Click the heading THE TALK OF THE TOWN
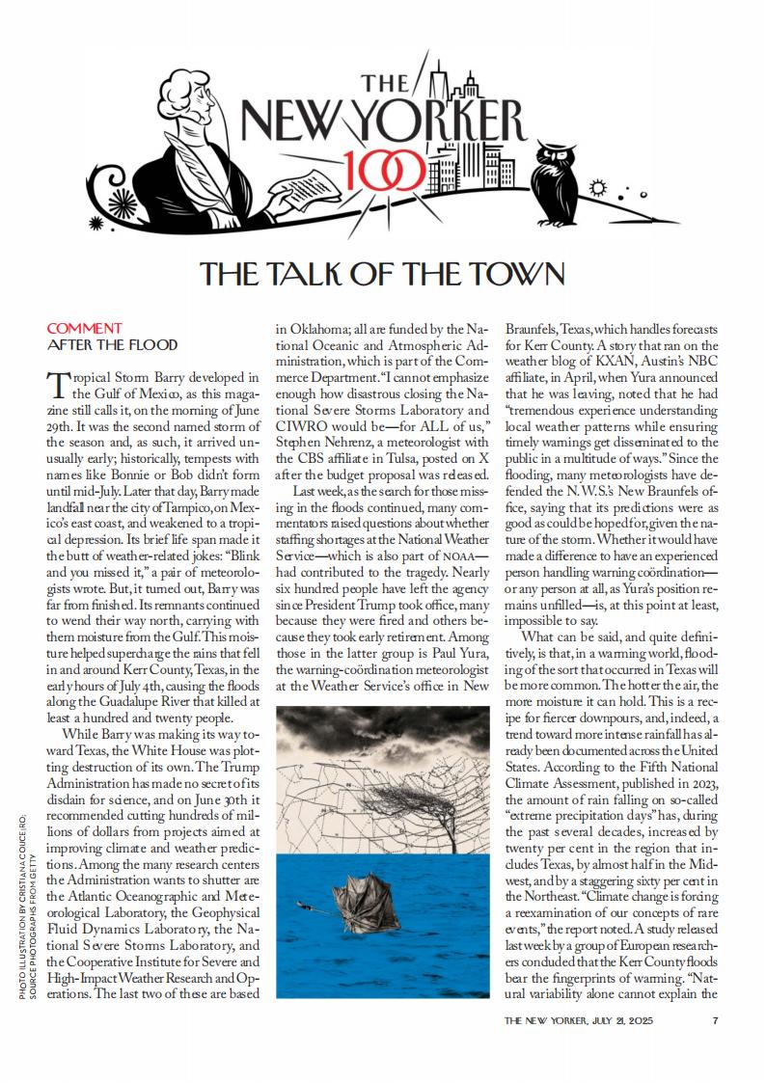pos(382,275)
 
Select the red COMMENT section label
pos(84,328)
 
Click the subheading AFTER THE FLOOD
pos(112,344)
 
